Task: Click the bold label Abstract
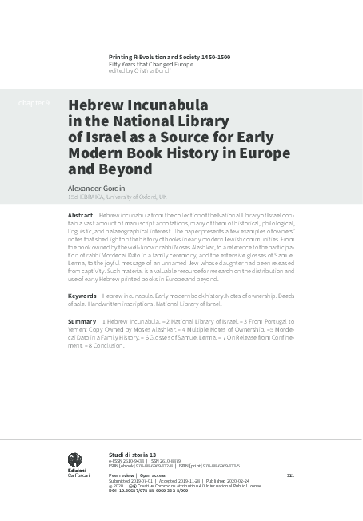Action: [x=81, y=217]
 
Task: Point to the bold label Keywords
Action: [x=83, y=296]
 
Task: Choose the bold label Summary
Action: [x=82, y=320]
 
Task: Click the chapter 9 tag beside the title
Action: [x=34, y=103]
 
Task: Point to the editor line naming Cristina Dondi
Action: [x=142, y=70]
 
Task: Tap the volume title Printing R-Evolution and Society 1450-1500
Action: [x=170, y=58]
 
